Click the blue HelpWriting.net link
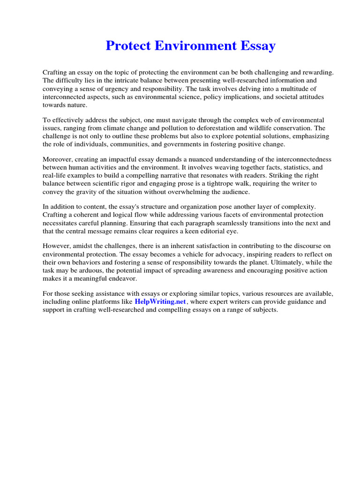click(x=161, y=302)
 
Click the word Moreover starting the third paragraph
click(x=57, y=159)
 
